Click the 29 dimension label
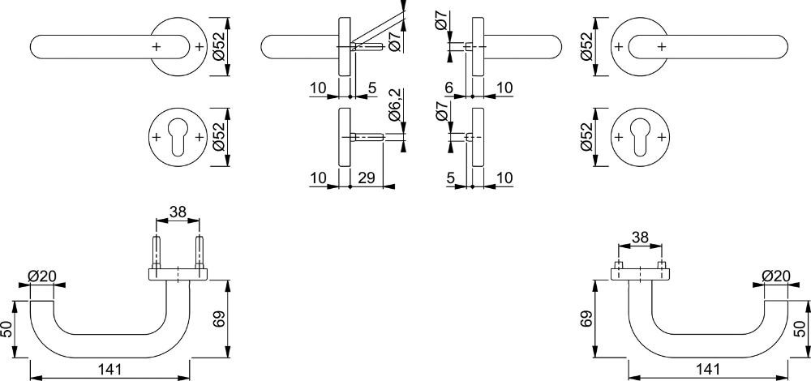[x=367, y=178]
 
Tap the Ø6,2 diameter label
[x=394, y=105]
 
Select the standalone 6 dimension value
[x=448, y=88]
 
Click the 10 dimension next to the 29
[x=319, y=178]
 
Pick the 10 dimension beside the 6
[x=504, y=88]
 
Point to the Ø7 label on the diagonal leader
[x=394, y=41]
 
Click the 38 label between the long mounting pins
[x=178, y=212]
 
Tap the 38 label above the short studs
[x=641, y=238]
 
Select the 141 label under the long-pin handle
[x=109, y=370]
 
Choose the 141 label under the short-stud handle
[x=707, y=370]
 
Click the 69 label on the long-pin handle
[x=218, y=319]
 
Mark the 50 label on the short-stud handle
[x=800, y=329]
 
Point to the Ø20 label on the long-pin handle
[x=42, y=276]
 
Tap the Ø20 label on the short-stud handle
[x=776, y=276]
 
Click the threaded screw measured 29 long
[x=367, y=137]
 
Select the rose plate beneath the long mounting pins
[x=178, y=274]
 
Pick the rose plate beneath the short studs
[x=641, y=274]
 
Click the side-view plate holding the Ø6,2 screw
[x=345, y=137]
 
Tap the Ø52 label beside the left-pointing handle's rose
[x=218, y=46]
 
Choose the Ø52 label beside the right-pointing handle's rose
[x=586, y=46]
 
